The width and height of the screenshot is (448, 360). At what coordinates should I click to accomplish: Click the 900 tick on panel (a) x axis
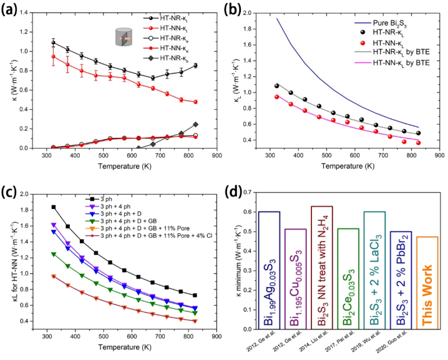[216, 156]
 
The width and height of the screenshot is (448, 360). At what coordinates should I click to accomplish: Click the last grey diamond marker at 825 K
[196, 124]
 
